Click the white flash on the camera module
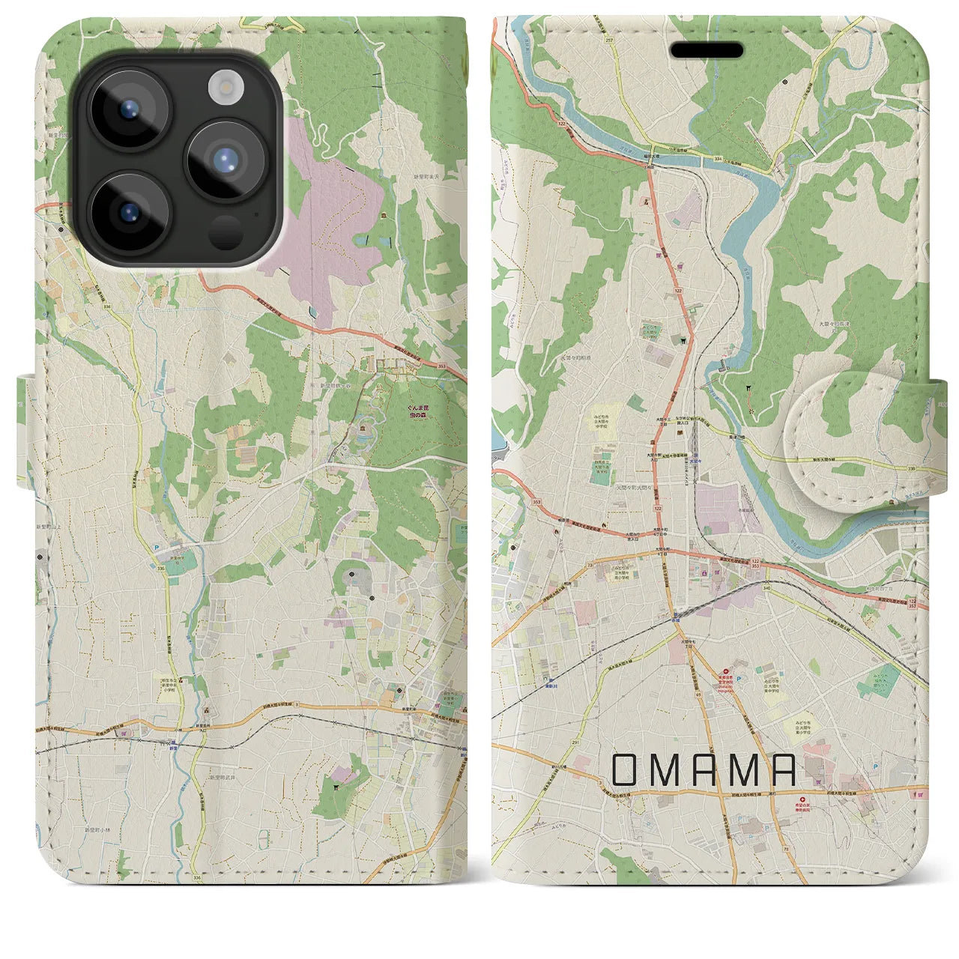(x=223, y=88)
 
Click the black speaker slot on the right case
(x=707, y=50)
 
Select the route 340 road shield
(x=764, y=588)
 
